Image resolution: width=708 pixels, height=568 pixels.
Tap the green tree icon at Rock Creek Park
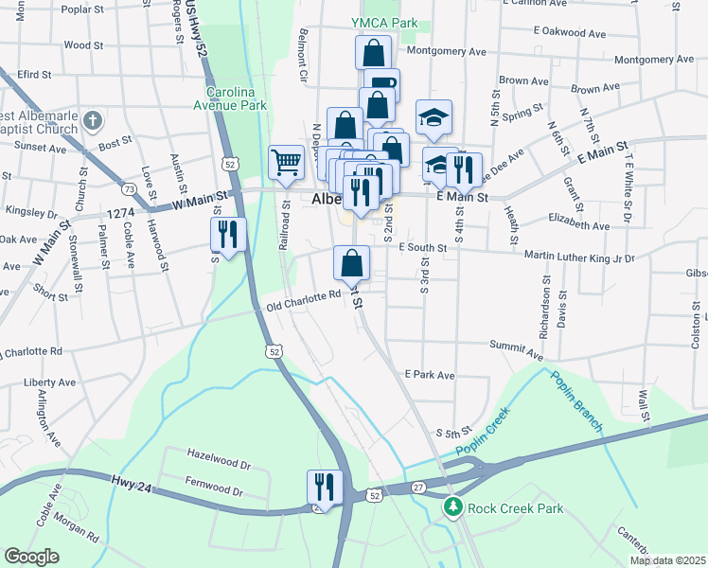click(453, 508)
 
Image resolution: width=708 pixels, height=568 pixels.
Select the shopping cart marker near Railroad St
click(285, 163)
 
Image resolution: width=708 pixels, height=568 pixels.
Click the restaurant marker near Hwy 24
click(324, 488)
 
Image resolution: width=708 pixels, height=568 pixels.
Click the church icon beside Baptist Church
click(92, 120)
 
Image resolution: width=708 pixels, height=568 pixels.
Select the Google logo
click(31, 557)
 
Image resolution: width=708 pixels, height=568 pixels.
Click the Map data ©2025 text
click(667, 560)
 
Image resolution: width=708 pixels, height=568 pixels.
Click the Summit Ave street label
click(516, 351)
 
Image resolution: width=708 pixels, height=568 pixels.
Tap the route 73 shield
click(129, 190)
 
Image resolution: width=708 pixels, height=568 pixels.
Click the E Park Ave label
click(429, 376)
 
